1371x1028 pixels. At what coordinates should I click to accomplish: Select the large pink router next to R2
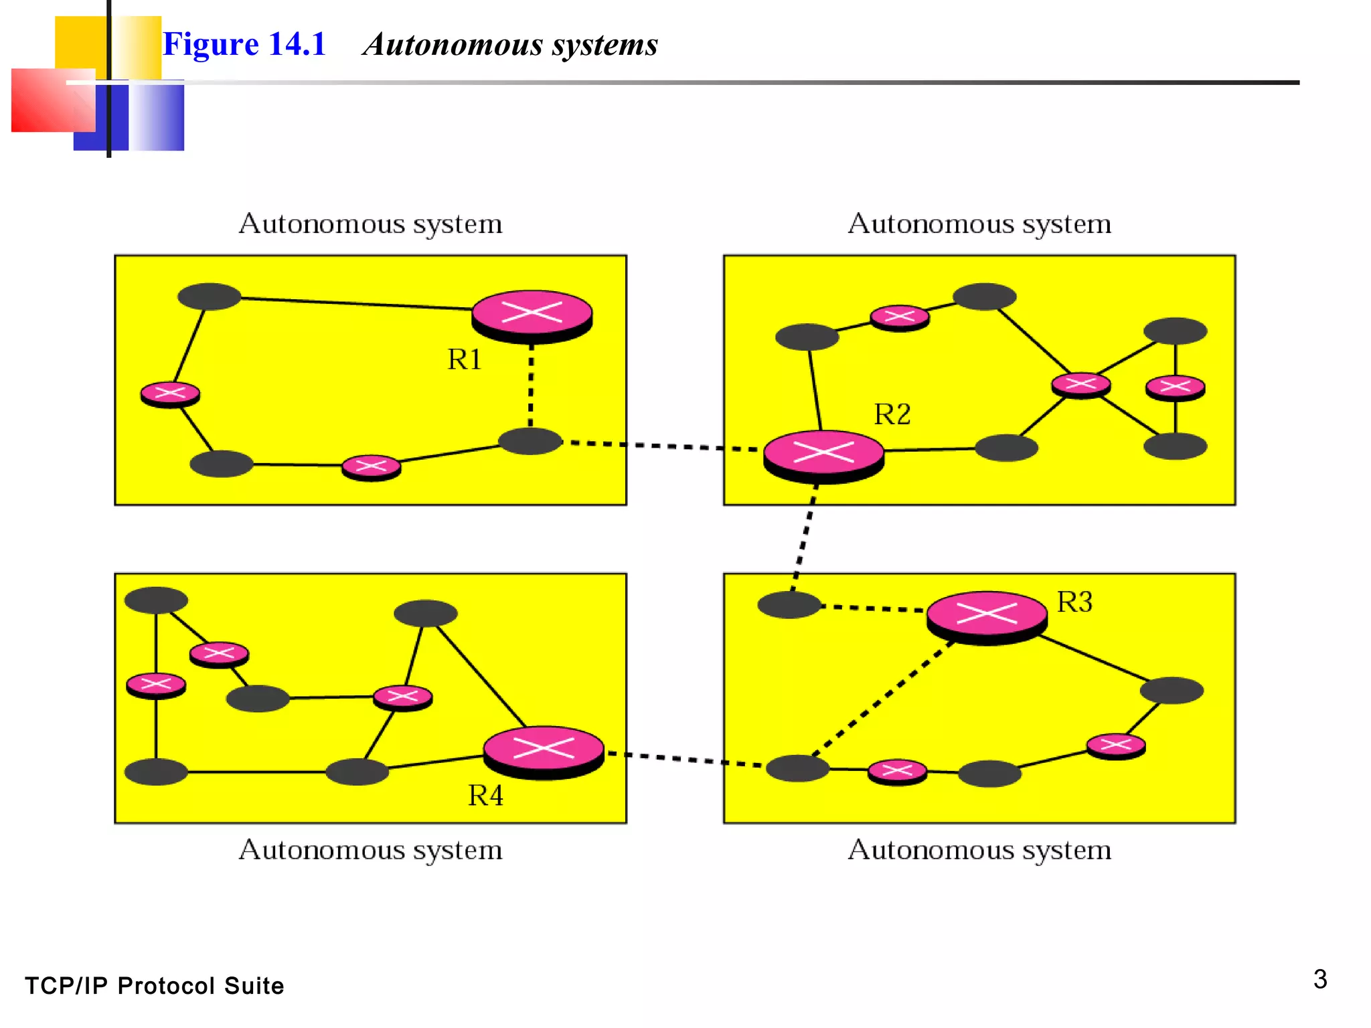(x=823, y=454)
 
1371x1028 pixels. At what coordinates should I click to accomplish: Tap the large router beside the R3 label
(x=987, y=615)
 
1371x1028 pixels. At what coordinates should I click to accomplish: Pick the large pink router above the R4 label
(x=544, y=750)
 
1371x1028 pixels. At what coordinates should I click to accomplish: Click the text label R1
(x=465, y=360)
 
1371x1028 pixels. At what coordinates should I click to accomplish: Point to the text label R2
(x=892, y=414)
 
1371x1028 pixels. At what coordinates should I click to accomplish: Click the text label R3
(x=1074, y=602)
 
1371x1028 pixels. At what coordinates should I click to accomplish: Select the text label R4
(x=485, y=796)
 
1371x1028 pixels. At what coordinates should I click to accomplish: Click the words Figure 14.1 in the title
(x=244, y=45)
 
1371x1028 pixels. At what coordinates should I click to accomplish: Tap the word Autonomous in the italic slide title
(x=453, y=45)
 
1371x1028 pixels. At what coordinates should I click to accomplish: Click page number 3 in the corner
(x=1319, y=979)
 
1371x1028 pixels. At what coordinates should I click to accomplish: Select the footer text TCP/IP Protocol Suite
(x=155, y=986)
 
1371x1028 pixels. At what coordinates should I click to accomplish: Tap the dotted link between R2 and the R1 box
(x=669, y=446)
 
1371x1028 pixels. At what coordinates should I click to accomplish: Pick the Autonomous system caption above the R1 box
(x=370, y=224)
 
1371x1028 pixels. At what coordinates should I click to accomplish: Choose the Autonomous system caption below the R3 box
(x=979, y=850)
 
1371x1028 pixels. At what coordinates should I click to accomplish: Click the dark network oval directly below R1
(x=530, y=441)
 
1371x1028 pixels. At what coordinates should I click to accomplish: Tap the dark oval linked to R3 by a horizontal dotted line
(x=789, y=604)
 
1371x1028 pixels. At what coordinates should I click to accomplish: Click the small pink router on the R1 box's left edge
(x=170, y=394)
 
